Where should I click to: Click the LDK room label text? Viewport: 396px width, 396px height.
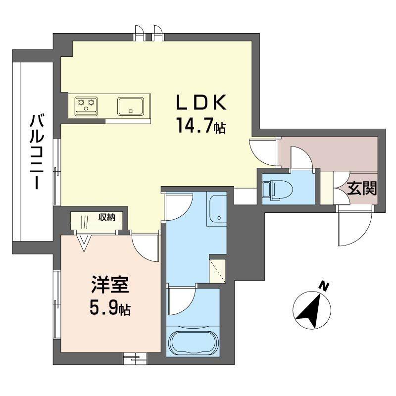pos(201,103)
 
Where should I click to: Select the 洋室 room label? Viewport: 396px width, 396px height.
pos(110,285)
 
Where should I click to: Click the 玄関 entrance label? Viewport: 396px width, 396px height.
pos(362,188)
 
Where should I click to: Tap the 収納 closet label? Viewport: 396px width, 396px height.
pos(106,217)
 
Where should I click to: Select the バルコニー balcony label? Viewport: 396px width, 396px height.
pos(37,152)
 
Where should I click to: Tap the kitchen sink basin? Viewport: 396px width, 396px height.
pos(131,106)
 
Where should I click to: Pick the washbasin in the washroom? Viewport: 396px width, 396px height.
pos(217,209)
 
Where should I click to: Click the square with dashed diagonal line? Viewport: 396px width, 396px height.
pos(217,271)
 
